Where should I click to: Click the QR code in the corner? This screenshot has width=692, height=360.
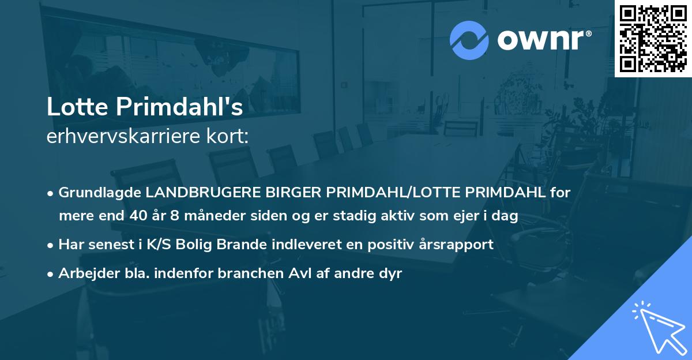653,38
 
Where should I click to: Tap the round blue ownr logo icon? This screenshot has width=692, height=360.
469,40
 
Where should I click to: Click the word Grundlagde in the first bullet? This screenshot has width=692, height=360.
100,193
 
